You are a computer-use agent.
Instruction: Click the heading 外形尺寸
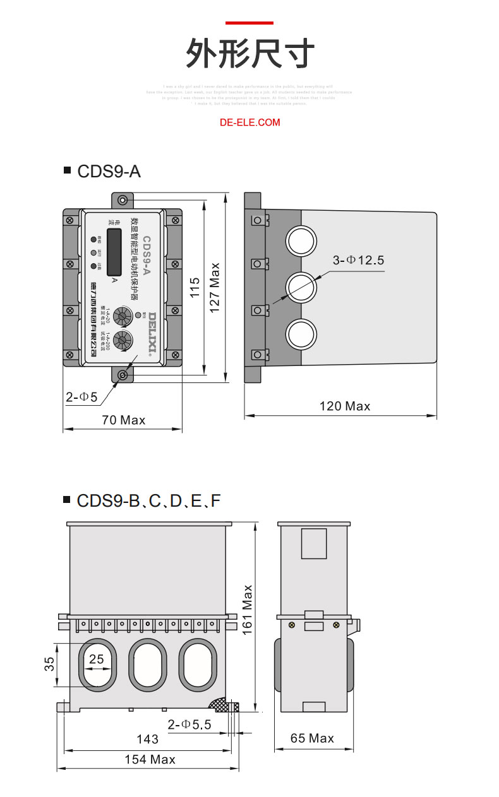(249, 53)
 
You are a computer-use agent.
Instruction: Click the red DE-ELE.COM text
(249, 122)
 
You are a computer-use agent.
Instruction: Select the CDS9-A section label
(109, 171)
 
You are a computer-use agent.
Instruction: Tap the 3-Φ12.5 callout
(358, 260)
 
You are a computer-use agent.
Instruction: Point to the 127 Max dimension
(215, 288)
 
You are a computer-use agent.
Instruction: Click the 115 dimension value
(195, 288)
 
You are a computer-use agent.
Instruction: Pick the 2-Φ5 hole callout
(81, 397)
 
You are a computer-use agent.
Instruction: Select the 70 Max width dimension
(123, 420)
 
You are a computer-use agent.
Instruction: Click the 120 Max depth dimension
(345, 406)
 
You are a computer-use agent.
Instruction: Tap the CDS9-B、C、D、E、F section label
(148, 501)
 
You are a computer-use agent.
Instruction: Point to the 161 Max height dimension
(247, 609)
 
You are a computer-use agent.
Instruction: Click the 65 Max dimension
(312, 738)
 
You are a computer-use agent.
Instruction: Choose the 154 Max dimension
(150, 759)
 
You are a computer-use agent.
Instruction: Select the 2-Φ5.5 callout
(189, 724)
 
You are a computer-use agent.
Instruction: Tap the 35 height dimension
(49, 664)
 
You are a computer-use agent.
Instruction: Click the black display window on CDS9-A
(114, 252)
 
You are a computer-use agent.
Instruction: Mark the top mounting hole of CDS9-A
(122, 200)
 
